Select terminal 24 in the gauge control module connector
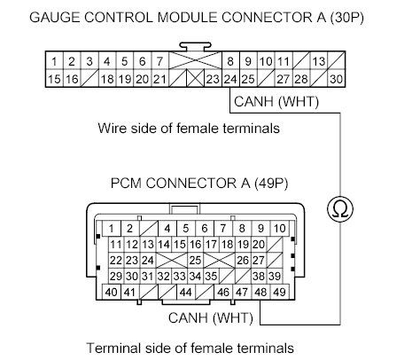230,79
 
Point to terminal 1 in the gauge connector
55,62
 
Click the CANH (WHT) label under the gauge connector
276,102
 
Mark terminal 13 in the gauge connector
318,62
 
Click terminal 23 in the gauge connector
212,79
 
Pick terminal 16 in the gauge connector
72,79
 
